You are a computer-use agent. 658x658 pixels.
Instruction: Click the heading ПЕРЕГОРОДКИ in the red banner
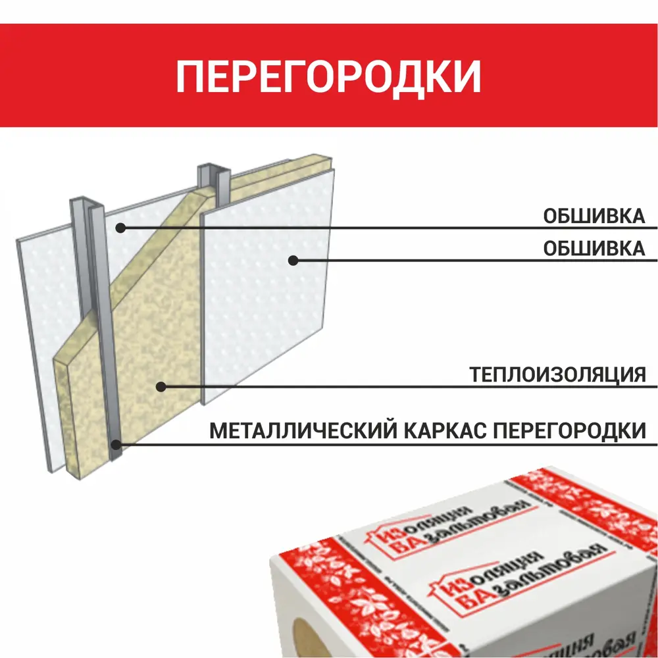pyautogui.click(x=328, y=76)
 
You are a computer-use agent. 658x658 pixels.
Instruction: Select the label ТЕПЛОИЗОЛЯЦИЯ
pyautogui.click(x=557, y=375)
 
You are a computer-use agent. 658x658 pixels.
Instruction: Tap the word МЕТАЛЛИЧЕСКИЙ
pyautogui.click(x=303, y=432)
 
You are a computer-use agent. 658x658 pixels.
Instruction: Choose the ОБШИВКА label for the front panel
pyautogui.click(x=594, y=249)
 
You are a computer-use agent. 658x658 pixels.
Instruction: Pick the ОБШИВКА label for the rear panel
pyautogui.click(x=594, y=216)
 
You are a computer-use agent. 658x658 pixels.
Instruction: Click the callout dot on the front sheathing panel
pyautogui.click(x=293, y=260)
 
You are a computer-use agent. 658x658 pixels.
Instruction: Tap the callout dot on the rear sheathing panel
pyautogui.click(x=120, y=228)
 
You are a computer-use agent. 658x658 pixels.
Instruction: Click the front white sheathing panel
pyautogui.click(x=263, y=309)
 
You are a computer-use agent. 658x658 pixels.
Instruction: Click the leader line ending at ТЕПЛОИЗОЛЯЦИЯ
pyautogui.click(x=395, y=387)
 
